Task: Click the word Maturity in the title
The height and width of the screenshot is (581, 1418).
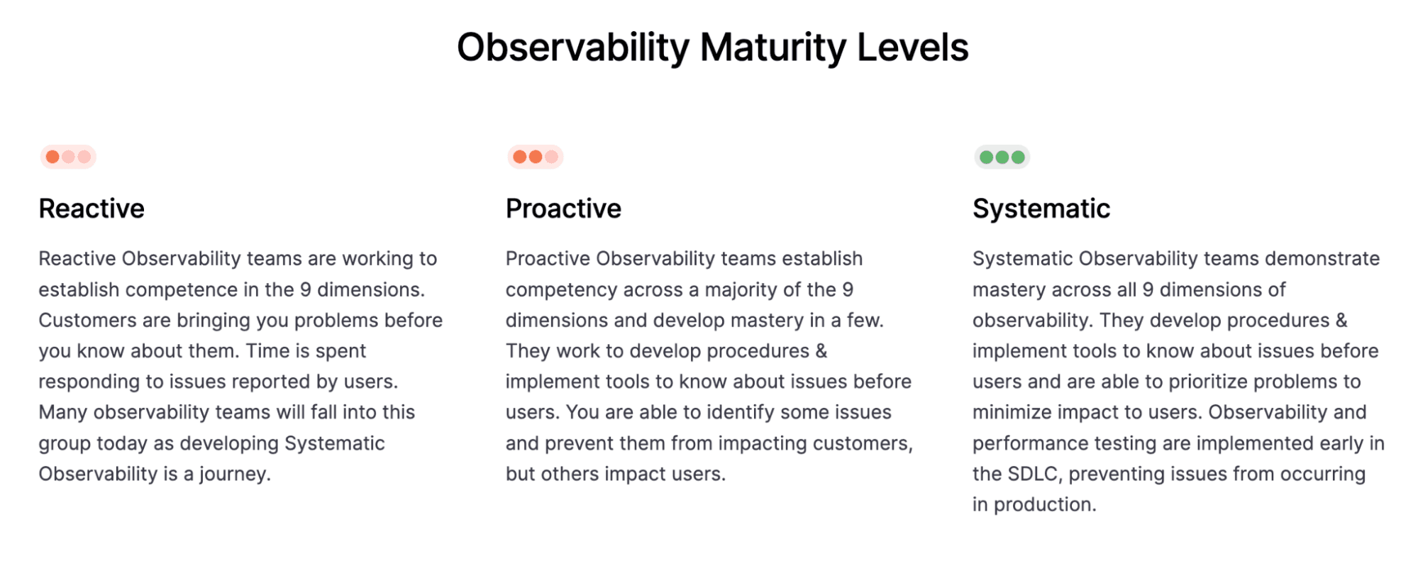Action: coord(772,48)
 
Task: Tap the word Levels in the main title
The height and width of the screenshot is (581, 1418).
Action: coord(912,48)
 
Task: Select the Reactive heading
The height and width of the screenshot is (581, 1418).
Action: coord(92,209)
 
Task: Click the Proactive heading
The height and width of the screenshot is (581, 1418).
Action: coord(563,209)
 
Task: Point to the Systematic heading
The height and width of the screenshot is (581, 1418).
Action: coord(1041,209)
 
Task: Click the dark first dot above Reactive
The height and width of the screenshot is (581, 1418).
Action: coord(52,157)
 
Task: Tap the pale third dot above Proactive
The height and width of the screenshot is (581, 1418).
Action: coord(551,157)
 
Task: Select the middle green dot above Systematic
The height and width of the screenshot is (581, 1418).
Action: coord(1002,157)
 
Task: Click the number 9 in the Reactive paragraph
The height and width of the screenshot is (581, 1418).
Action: coord(305,289)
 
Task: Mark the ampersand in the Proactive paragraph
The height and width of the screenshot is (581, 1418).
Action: coord(821,351)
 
